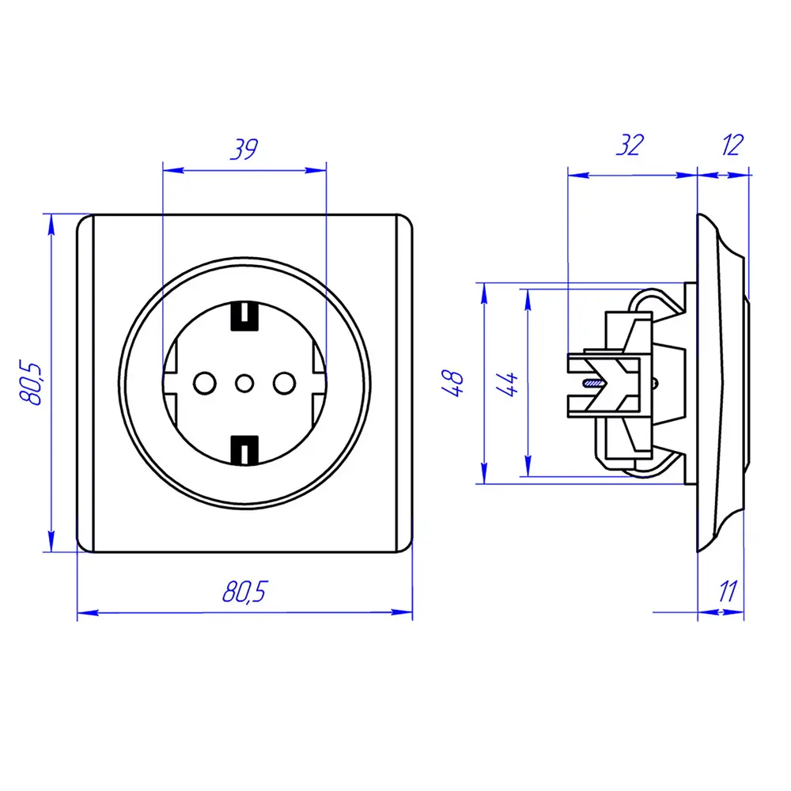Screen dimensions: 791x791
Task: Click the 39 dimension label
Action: (x=244, y=149)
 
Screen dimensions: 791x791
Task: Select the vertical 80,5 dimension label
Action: (x=31, y=382)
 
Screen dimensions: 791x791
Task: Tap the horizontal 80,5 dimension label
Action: (x=244, y=591)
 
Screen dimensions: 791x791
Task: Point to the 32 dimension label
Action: (x=630, y=145)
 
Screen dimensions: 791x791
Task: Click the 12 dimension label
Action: (x=732, y=145)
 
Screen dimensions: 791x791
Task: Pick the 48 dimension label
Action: (x=452, y=384)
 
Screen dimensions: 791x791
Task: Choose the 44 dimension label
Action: (x=507, y=384)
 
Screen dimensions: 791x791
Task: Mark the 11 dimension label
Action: (x=728, y=591)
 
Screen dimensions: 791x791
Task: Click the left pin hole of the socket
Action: (x=205, y=384)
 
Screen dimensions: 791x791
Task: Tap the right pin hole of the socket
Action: (x=285, y=384)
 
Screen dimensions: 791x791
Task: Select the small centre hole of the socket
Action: (x=244, y=384)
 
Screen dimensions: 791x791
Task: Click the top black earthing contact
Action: (x=244, y=316)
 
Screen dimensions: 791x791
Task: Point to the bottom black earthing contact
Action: (x=244, y=450)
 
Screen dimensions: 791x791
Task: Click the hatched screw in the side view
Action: (x=593, y=384)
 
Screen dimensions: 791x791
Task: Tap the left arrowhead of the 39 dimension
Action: (x=173, y=171)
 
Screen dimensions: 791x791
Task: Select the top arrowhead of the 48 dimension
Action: (x=484, y=293)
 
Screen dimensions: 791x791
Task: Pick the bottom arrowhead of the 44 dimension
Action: (x=528, y=466)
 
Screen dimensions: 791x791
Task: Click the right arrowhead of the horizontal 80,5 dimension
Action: (x=402, y=612)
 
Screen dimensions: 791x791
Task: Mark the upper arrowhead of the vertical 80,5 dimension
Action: (x=51, y=225)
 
